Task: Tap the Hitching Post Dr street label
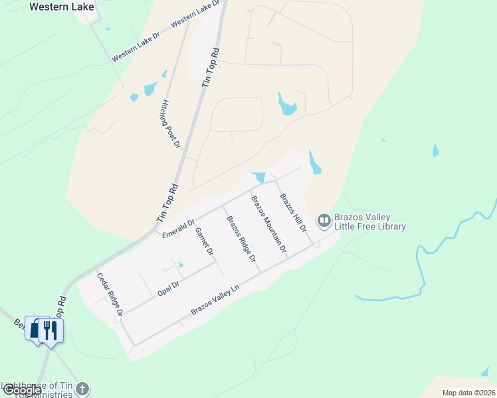click(170, 124)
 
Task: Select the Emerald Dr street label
click(178, 229)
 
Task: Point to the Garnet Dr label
click(204, 242)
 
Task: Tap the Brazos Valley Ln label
click(215, 300)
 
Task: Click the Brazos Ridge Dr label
click(241, 239)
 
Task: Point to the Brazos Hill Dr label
click(293, 212)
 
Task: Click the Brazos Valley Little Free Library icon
click(324, 220)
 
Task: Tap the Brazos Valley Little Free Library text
click(370, 222)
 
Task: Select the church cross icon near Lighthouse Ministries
click(82, 389)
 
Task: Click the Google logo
click(22, 390)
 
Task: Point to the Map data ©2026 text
click(468, 393)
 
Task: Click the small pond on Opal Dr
click(180, 265)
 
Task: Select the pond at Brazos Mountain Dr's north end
click(259, 177)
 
